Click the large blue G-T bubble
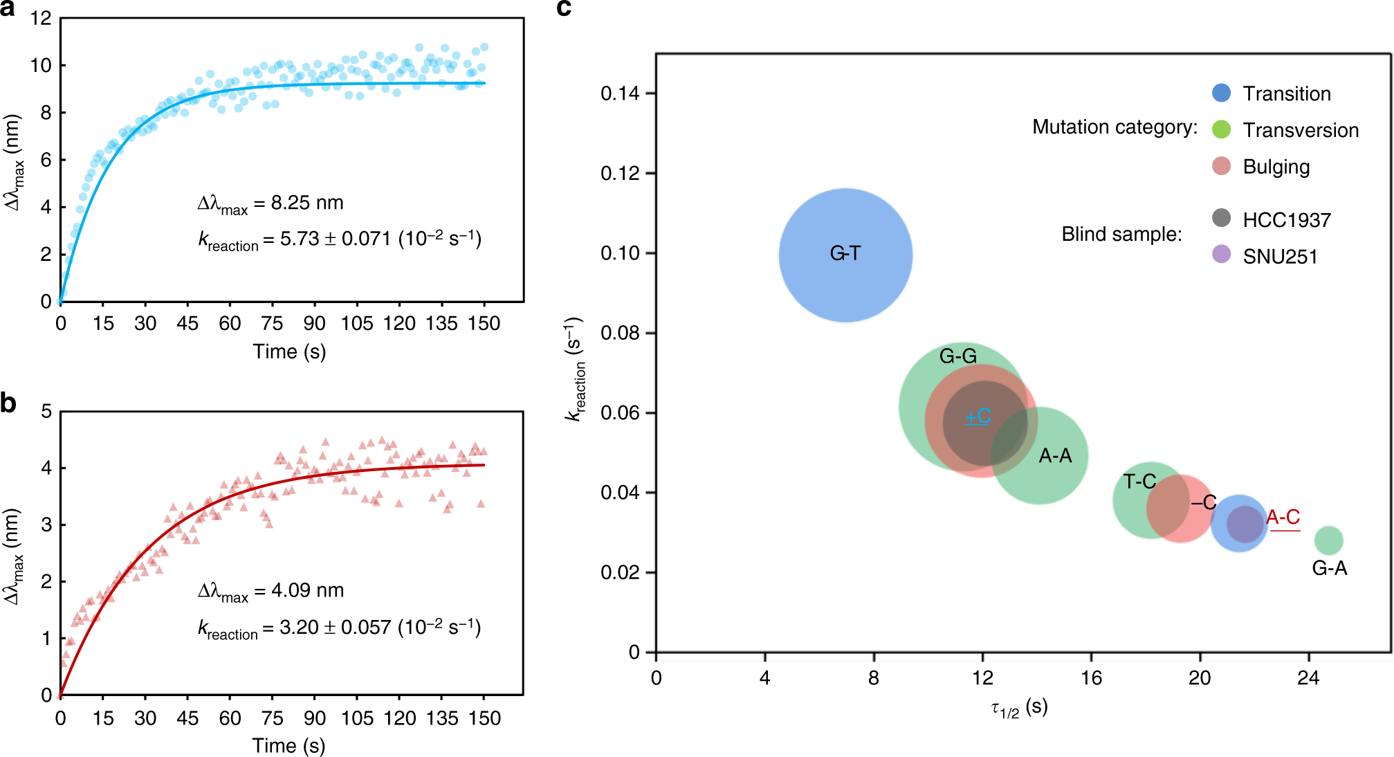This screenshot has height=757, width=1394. coord(845,255)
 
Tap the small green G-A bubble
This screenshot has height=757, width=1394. coord(1328,540)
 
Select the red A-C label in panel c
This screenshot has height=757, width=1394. coord(1283,517)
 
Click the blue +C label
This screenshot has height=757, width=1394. coord(978,417)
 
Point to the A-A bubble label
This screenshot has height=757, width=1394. coord(1055,456)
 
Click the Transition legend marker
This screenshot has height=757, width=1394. coord(1221,93)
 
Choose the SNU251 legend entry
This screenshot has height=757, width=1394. coord(1279,257)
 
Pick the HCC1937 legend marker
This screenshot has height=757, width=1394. coord(1221,218)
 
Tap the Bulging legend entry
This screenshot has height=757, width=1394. coord(1276,167)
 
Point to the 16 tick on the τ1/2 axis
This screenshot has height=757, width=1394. coord(1091,677)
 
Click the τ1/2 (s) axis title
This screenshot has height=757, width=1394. coord(1019,707)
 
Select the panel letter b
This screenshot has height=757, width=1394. coord(8,403)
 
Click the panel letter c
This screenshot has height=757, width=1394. coord(564,8)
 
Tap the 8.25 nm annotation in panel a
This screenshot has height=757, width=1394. coord(270,203)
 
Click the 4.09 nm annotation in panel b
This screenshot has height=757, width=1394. coord(270,591)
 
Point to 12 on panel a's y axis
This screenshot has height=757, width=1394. coord(41,19)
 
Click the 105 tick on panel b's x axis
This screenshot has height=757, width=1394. coord(357,718)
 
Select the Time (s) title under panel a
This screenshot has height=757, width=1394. coord(289,352)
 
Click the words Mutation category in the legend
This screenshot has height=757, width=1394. coord(1115,127)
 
